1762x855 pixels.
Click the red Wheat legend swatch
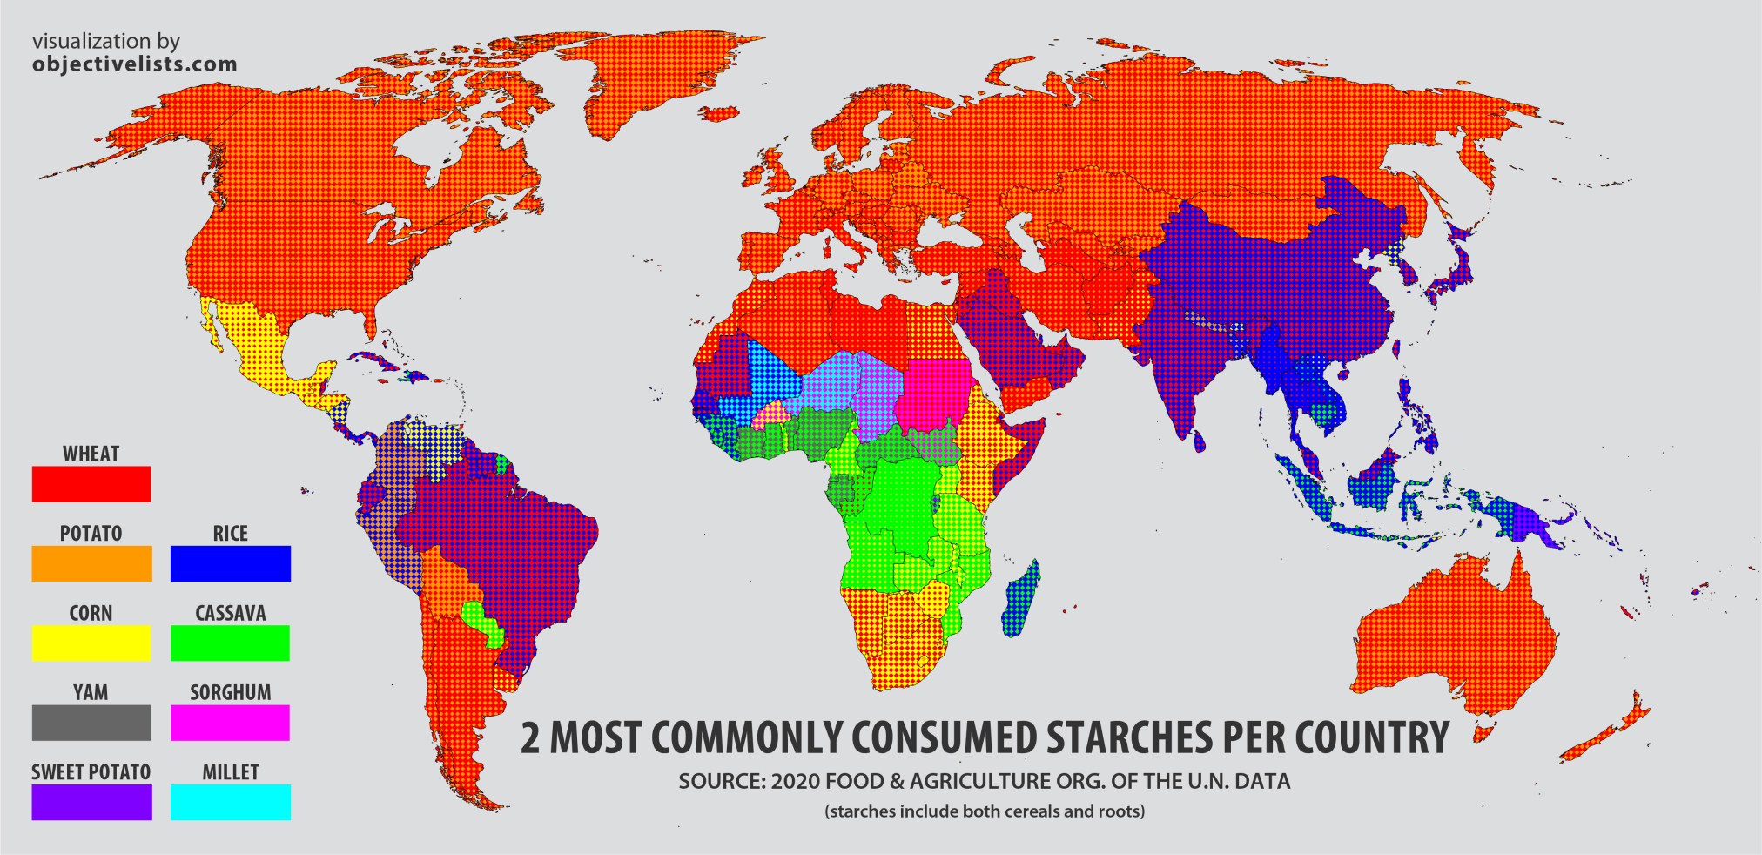click(x=91, y=484)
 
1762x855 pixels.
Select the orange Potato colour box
click(x=91, y=563)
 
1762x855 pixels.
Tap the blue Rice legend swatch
click(x=231, y=563)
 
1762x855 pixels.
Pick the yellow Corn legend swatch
click(x=91, y=643)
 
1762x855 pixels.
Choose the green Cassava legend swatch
click(x=231, y=643)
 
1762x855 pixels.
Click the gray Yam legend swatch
click(x=91, y=723)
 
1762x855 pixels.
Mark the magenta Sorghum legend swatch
click(x=231, y=723)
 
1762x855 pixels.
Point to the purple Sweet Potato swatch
click(x=91, y=802)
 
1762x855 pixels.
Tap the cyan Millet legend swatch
click(x=231, y=802)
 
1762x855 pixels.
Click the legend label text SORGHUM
click(x=231, y=693)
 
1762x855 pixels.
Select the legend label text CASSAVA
click(x=231, y=613)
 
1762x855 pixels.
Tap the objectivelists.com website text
click(x=134, y=64)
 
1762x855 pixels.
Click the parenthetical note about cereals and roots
click(x=985, y=811)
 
